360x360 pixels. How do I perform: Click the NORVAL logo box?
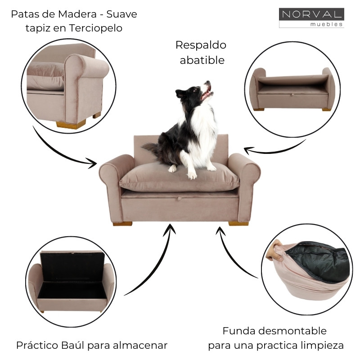(311, 18)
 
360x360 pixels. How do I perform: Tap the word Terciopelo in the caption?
(95, 28)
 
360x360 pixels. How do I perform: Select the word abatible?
(202, 60)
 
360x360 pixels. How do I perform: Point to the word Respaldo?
(201, 45)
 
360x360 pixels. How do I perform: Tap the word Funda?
(238, 331)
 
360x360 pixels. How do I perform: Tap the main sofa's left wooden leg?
(122, 223)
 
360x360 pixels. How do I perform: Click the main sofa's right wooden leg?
(238, 223)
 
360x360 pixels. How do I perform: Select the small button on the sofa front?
(179, 197)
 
